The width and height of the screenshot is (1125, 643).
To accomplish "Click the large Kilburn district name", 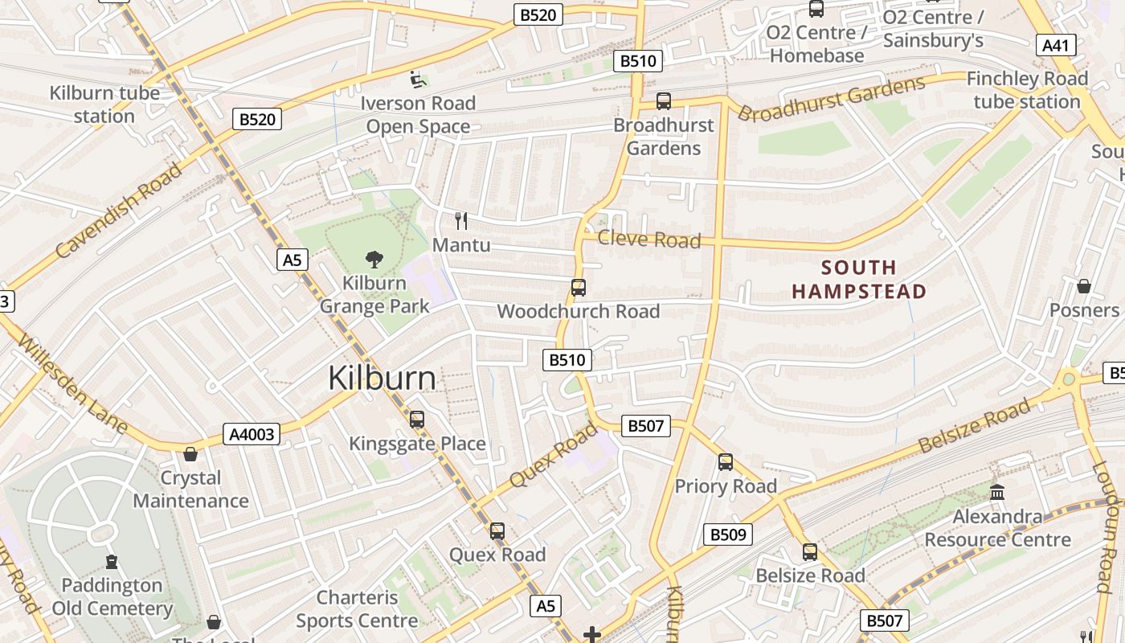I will (x=382, y=379).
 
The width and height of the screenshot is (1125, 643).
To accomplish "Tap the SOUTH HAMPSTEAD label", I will (x=859, y=279).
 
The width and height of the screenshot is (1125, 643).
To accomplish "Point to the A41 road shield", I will (x=1055, y=45).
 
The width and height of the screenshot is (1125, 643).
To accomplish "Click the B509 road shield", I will (x=728, y=534).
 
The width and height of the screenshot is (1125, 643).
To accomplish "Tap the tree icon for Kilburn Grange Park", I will (x=374, y=259).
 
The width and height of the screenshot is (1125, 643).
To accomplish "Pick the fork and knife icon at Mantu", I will (x=461, y=221).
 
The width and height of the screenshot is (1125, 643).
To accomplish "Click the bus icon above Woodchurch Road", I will (x=578, y=287).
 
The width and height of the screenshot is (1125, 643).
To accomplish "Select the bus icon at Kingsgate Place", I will (x=416, y=419).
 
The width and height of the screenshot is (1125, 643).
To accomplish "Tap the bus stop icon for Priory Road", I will (x=726, y=462).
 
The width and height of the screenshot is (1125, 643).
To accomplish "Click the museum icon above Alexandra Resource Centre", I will (x=997, y=492).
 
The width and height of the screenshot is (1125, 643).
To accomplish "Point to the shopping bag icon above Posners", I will (x=1083, y=286).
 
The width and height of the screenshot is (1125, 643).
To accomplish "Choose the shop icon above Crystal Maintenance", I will (x=190, y=454).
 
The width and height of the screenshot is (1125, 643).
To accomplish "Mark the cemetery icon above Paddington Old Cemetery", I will (x=112, y=561).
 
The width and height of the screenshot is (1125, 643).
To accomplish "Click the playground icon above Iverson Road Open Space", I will (x=417, y=79).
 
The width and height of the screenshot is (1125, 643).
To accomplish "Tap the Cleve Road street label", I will (x=649, y=240).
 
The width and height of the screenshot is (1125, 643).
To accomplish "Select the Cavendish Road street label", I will (x=119, y=211).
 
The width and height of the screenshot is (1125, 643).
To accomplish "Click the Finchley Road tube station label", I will (x=1027, y=90).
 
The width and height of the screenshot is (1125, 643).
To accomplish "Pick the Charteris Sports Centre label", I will (x=357, y=609).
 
